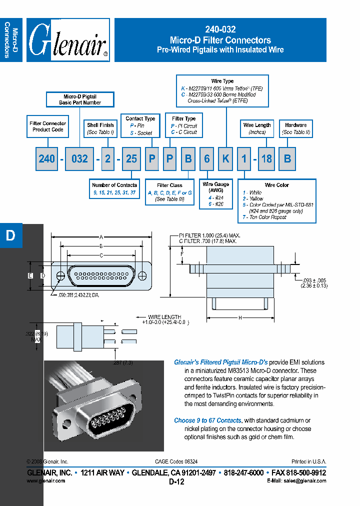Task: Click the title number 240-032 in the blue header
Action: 220,29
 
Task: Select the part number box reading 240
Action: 46,158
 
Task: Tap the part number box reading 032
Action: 79,158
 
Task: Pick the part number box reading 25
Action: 131,158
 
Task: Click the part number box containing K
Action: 225,158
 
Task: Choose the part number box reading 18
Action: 267,158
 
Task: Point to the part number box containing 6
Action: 206,158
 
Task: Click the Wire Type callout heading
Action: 222,81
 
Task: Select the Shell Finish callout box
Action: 100,128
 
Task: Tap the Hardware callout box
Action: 296,128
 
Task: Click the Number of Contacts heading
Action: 115,185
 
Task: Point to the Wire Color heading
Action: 277,185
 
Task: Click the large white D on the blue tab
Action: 10,236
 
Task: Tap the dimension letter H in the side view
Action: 240,317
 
